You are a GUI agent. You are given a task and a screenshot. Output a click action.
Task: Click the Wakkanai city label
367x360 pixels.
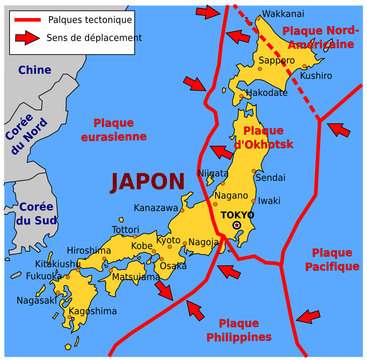pyautogui.click(x=283, y=15)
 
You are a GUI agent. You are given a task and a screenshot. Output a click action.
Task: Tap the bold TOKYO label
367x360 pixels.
pyautogui.click(x=236, y=214)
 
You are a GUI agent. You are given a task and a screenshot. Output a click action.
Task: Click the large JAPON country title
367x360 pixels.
pyautogui.click(x=147, y=182)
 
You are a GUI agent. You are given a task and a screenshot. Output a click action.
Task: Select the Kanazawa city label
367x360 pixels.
pyautogui.click(x=156, y=208)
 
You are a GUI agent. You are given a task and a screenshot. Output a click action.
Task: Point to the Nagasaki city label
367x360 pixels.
pyautogui.click(x=37, y=300)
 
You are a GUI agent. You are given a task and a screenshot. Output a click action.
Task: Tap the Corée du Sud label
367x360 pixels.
pyautogui.click(x=22, y=213)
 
